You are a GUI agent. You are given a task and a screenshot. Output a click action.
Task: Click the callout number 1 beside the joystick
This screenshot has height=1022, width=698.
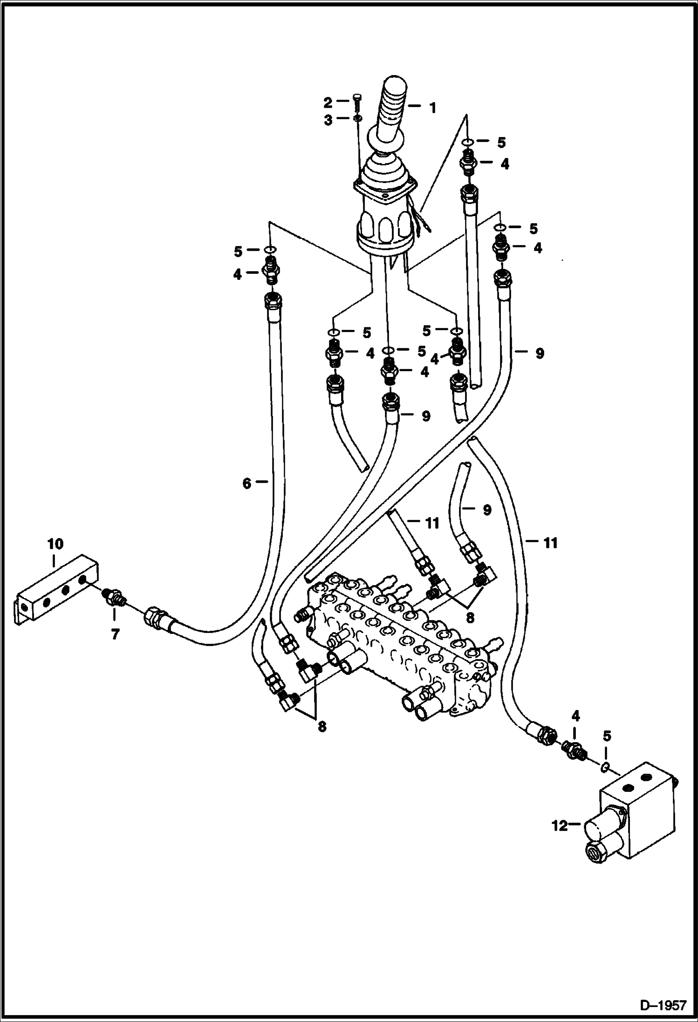(432, 109)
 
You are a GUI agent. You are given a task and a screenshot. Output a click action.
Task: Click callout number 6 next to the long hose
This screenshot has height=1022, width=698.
(247, 484)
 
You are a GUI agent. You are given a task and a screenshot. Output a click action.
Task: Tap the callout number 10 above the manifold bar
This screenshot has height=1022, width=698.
(55, 544)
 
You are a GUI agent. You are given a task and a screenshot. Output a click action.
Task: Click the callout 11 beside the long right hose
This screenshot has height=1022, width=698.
(550, 543)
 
